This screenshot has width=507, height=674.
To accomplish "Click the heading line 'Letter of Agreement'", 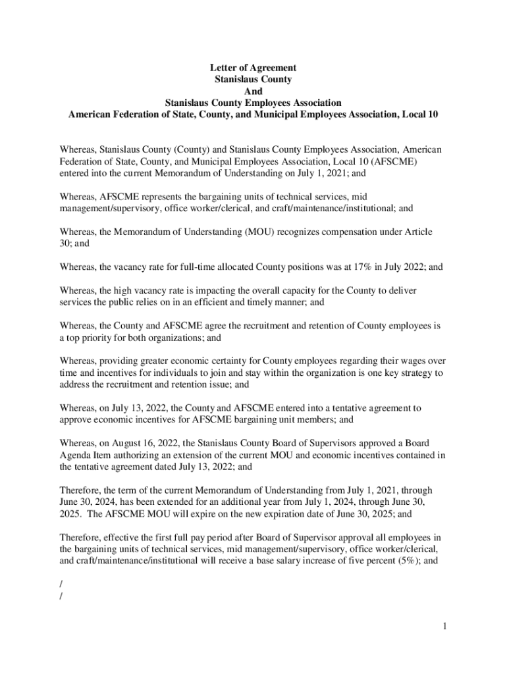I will point(253,68).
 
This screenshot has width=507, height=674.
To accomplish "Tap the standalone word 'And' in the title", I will point(253,91).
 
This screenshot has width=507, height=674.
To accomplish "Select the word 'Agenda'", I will point(76,455).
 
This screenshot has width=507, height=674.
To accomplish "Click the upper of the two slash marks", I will point(61,584).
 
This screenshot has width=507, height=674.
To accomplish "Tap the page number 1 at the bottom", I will point(445,626).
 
